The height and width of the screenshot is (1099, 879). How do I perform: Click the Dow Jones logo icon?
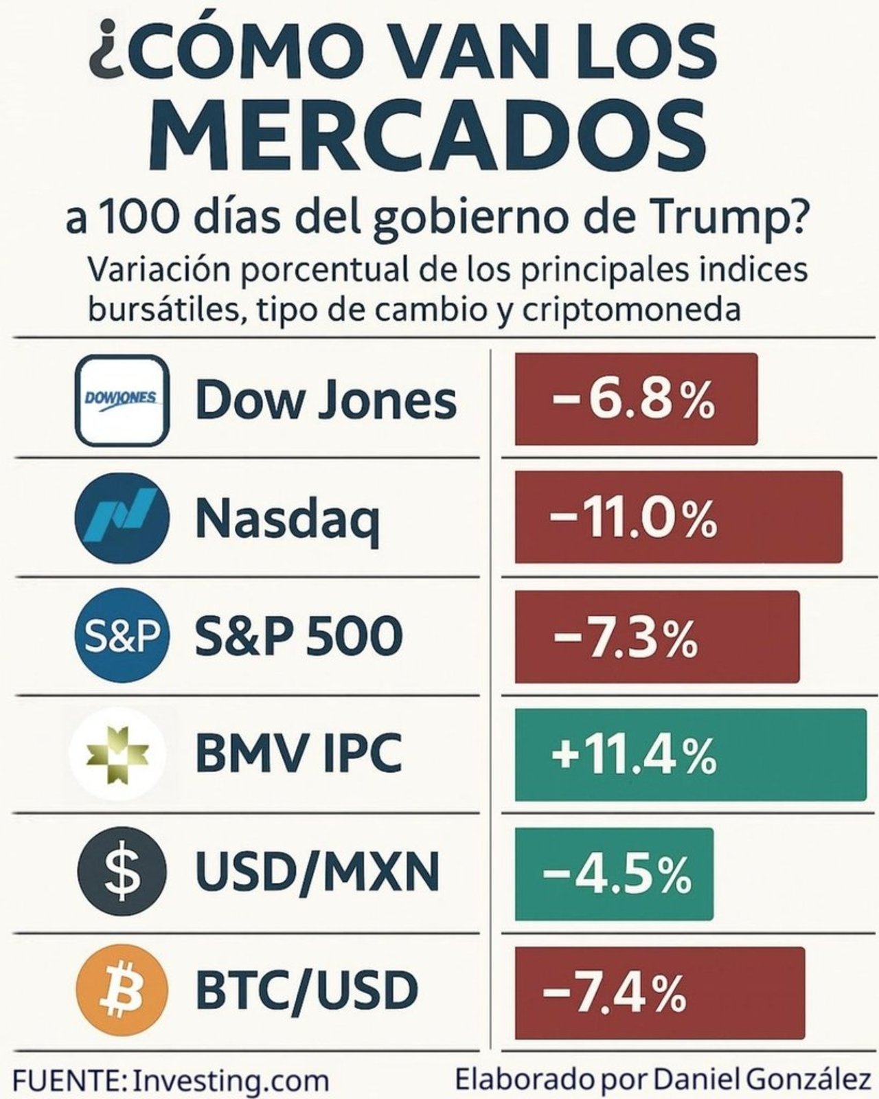coord(122,400)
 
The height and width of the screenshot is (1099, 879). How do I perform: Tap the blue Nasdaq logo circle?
coord(122,517)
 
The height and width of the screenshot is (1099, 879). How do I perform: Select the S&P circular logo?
coord(122,635)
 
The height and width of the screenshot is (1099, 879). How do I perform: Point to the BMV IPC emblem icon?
coord(117,754)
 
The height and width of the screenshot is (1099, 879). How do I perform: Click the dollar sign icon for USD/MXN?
coord(122,872)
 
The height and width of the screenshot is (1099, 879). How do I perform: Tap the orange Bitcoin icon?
coord(122,990)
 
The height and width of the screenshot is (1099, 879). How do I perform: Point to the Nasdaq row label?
coord(287,519)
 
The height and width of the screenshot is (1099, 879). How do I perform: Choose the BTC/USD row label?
coord(306,990)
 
